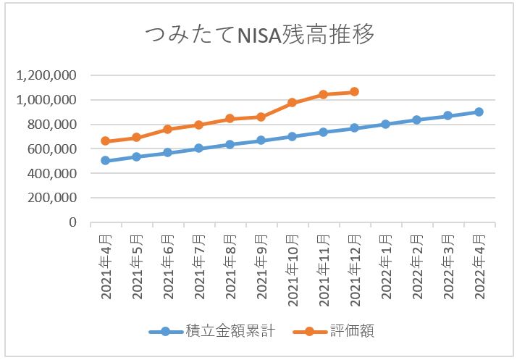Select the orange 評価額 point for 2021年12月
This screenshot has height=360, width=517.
click(x=354, y=92)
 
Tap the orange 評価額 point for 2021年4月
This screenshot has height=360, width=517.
click(x=105, y=141)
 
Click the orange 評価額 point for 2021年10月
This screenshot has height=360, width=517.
click(x=292, y=103)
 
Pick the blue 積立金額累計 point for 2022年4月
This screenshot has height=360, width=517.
click(x=479, y=112)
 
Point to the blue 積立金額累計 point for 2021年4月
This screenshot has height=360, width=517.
click(x=105, y=161)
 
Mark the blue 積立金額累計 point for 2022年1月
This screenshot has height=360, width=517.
click(x=385, y=124)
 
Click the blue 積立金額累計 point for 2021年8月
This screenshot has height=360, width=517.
click(x=230, y=144)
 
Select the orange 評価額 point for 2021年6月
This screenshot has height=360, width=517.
click(x=167, y=129)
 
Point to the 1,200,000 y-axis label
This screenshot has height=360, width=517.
click(x=51, y=75)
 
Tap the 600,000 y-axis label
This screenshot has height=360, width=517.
click(x=55, y=149)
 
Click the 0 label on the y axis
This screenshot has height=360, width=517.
click(x=73, y=222)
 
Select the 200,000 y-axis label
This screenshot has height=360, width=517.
click(x=55, y=198)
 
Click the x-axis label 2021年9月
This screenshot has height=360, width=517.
click(x=261, y=265)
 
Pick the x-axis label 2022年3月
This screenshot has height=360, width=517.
click(x=447, y=265)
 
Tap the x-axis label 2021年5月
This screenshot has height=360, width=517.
click(x=136, y=265)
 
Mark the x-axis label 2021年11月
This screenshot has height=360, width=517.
click(x=323, y=268)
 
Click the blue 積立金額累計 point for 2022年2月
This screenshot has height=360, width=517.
click(x=416, y=120)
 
